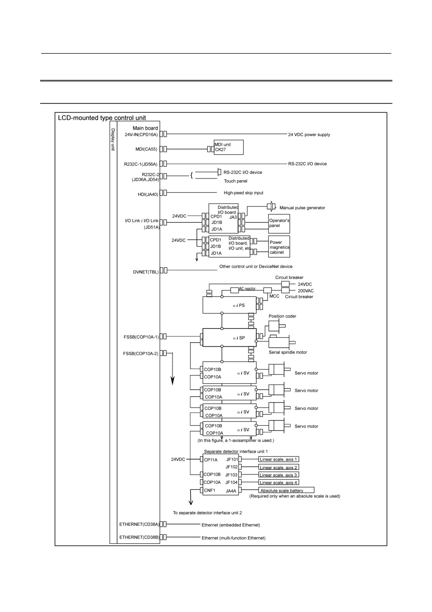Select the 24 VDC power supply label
tap(309, 135)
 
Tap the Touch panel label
tap(236, 181)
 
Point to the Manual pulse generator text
tap(302, 208)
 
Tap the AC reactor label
tap(247, 289)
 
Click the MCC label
tap(274, 296)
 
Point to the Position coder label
tap(282, 316)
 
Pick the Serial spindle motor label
tap(288, 352)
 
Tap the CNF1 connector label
tap(210, 491)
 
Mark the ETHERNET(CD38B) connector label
tap(139, 537)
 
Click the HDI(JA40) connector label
tap(148, 194)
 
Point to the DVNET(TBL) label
tap(146, 272)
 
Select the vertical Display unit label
tap(113, 140)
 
